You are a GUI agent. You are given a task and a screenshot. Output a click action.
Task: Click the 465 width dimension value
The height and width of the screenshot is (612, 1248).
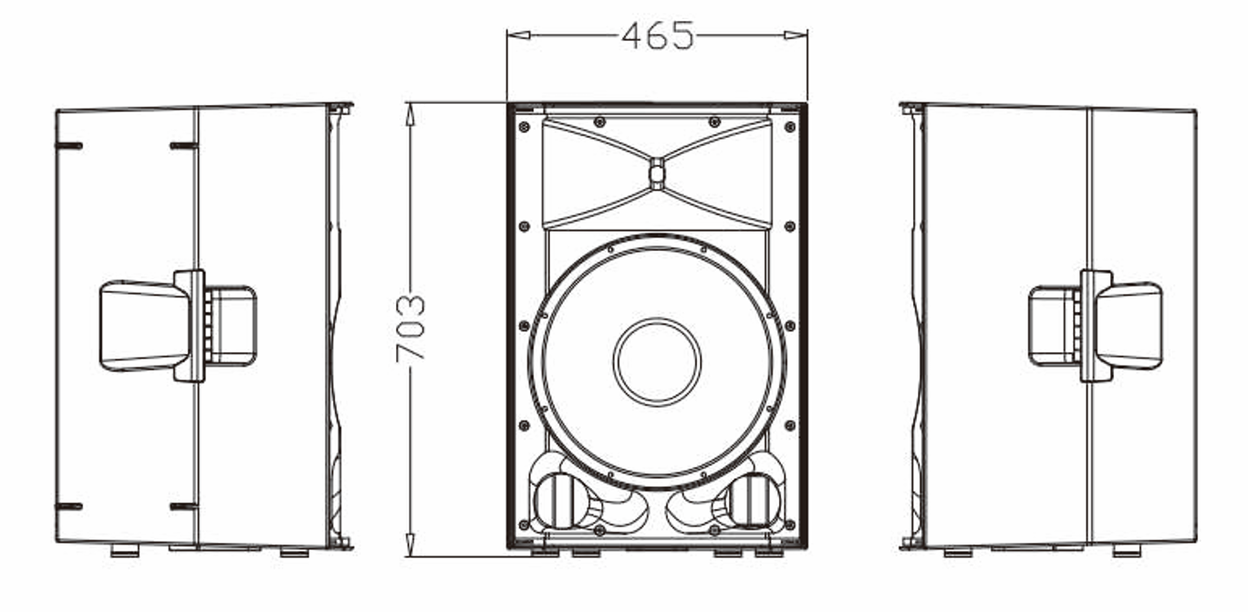[x=657, y=36]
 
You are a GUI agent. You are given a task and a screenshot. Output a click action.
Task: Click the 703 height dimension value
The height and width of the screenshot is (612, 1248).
[x=411, y=327]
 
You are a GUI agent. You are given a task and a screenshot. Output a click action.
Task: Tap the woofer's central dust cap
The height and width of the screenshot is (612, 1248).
[x=657, y=361]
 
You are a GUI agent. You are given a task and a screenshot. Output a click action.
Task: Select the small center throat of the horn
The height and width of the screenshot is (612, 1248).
[x=657, y=173]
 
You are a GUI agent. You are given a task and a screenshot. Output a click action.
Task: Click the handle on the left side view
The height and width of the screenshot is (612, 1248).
[x=146, y=326]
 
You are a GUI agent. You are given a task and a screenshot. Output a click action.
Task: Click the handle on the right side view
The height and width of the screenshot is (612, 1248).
[x=1128, y=326]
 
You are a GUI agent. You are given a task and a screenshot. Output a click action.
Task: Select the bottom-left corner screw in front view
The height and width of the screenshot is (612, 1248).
[x=524, y=524]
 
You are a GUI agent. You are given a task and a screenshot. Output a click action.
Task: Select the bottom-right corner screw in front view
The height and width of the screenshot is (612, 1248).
[x=790, y=524]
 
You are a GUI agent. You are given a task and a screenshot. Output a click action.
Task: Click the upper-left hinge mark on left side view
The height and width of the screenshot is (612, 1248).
[x=69, y=145]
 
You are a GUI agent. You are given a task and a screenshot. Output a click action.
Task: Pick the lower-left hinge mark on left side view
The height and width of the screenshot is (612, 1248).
[x=69, y=506]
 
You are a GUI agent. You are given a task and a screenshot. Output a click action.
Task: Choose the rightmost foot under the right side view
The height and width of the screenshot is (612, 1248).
[x=1126, y=551]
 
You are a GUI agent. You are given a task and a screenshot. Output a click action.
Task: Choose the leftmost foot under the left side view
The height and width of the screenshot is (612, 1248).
[x=125, y=551]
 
